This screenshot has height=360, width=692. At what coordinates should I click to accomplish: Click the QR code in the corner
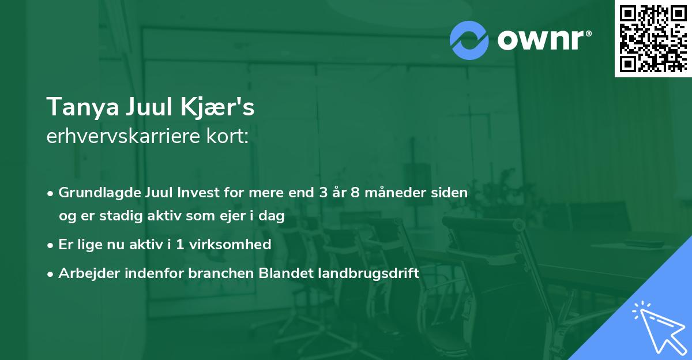coord(653,38)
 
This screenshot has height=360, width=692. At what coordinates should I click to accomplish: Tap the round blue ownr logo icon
coord(469,40)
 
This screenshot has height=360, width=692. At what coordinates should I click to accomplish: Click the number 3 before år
coord(322,193)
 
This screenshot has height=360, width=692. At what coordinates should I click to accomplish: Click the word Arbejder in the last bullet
coord(84,273)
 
